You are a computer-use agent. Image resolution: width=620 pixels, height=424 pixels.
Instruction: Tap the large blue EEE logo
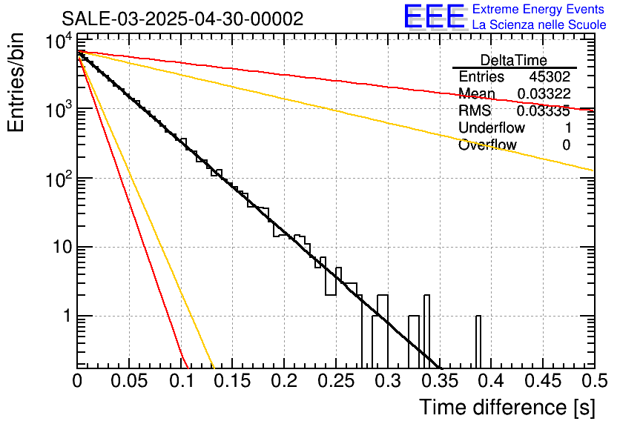(434, 17)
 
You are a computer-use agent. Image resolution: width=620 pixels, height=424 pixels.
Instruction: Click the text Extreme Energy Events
(539, 10)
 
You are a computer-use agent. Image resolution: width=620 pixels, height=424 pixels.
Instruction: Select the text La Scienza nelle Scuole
(539, 25)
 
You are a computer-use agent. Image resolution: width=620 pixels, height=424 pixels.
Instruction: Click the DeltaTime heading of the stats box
(513, 60)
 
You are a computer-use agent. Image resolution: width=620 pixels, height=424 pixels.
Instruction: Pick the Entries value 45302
(550, 77)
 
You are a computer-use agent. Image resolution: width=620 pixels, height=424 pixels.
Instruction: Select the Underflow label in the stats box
(491, 128)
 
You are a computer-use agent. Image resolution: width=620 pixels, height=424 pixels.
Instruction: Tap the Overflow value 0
(566, 145)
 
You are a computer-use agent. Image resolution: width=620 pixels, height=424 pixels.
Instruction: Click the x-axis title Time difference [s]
(506, 407)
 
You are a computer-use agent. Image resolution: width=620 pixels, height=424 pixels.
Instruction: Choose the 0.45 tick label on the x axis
(542, 382)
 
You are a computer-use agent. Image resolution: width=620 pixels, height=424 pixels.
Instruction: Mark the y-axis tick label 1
(65, 317)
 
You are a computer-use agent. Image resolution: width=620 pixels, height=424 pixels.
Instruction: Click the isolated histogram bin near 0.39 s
(478, 342)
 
